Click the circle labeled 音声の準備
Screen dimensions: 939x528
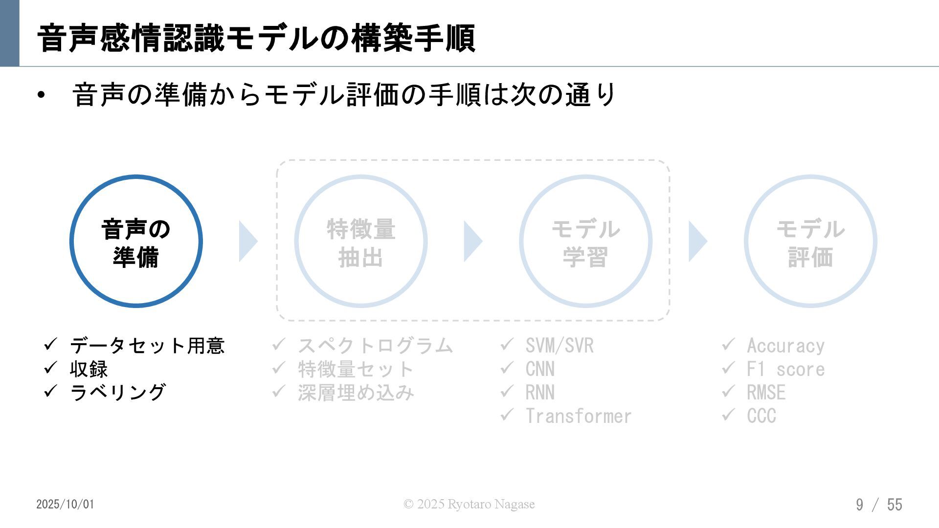[136, 241]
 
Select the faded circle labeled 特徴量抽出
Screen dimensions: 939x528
[361, 241]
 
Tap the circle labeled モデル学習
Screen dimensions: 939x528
[585, 241]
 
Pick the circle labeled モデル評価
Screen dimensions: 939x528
[810, 241]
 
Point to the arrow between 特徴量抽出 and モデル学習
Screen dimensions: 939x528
[472, 241]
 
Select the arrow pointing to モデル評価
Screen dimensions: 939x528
[697, 241]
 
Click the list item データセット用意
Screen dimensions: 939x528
[147, 346]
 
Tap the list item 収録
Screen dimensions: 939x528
[89, 369]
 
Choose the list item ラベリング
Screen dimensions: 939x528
[118, 393]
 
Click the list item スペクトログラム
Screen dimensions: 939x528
[375, 346]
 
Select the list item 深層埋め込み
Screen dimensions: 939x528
[356, 393]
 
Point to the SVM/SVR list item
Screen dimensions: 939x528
[559, 346]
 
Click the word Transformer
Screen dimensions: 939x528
[579, 416]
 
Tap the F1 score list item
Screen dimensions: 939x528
[785, 369]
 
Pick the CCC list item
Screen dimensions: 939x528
[761, 416]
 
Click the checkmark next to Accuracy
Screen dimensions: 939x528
[728, 345]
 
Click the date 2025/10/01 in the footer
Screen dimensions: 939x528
[65, 504]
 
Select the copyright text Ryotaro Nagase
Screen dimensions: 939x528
[469, 504]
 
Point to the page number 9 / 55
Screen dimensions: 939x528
[879, 504]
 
